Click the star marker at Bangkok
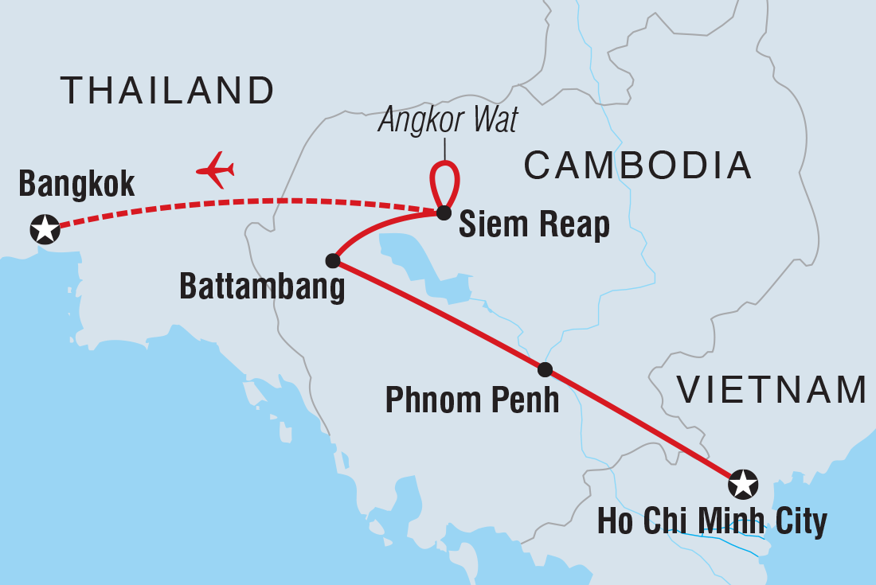pyautogui.click(x=45, y=228)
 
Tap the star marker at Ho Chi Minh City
pyautogui.click(x=742, y=483)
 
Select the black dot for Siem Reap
pyautogui.click(x=444, y=213)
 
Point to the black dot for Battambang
pyautogui.click(x=334, y=260)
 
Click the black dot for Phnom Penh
pyautogui.click(x=545, y=369)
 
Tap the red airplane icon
pyautogui.click(x=215, y=170)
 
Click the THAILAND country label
pyautogui.click(x=167, y=91)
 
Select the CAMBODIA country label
pyautogui.click(x=637, y=166)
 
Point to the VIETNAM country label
pyautogui.click(x=771, y=390)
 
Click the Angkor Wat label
pyautogui.click(x=448, y=119)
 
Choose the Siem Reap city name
pyautogui.click(x=534, y=226)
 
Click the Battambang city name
pyautogui.click(x=263, y=287)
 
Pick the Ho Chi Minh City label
pyautogui.click(x=712, y=523)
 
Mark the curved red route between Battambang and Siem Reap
pyautogui.click(x=374, y=226)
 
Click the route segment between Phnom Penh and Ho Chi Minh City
pyautogui.click(x=645, y=427)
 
